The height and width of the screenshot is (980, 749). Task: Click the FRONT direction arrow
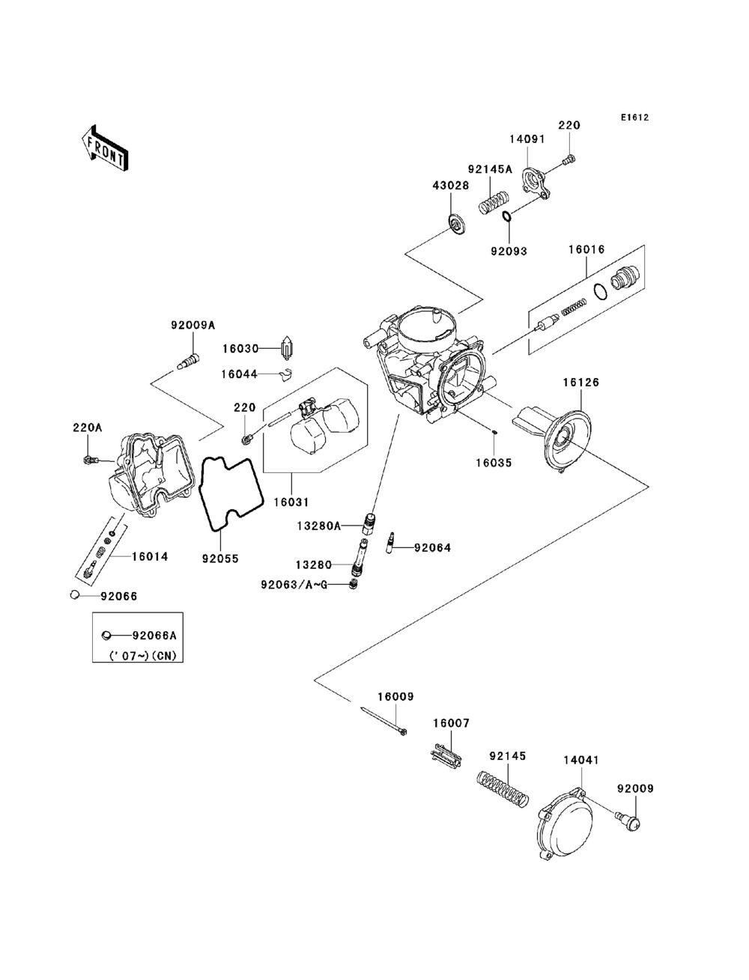tap(105, 148)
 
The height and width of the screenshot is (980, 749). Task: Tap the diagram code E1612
tap(634, 118)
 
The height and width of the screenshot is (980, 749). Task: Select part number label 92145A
tap(490, 169)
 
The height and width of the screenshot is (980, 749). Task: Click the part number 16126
tap(580, 382)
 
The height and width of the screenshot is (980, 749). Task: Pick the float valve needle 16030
tap(285, 348)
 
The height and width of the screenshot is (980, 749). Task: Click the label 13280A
tap(318, 526)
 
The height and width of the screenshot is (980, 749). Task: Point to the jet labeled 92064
tap(391, 543)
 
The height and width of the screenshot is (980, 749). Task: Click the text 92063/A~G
tap(294, 585)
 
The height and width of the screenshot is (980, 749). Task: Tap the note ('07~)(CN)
tap(143, 656)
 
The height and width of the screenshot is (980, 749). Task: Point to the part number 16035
tap(494, 463)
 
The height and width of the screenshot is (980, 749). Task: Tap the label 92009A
tap(193, 326)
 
